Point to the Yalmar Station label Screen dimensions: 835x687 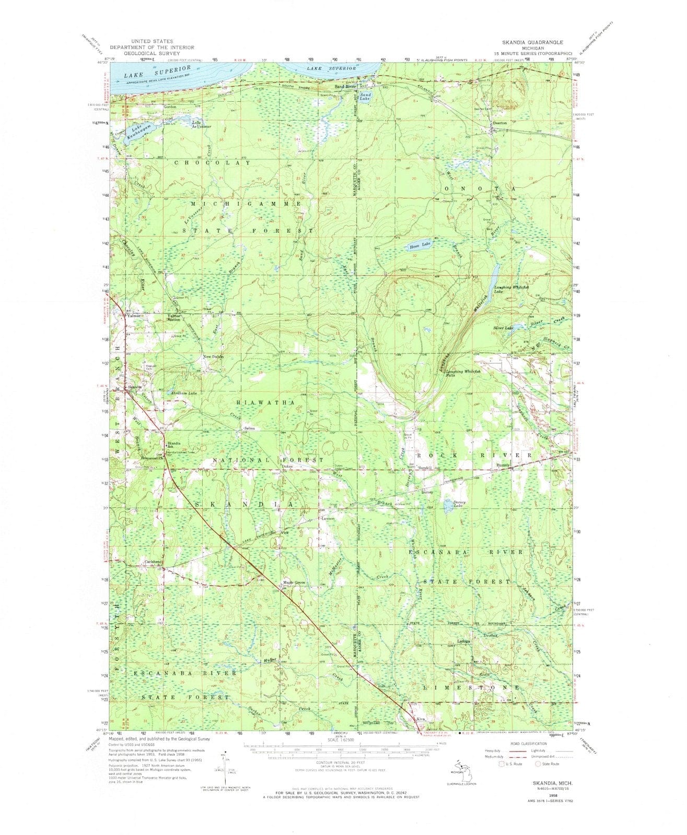pyautogui.click(x=173, y=318)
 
